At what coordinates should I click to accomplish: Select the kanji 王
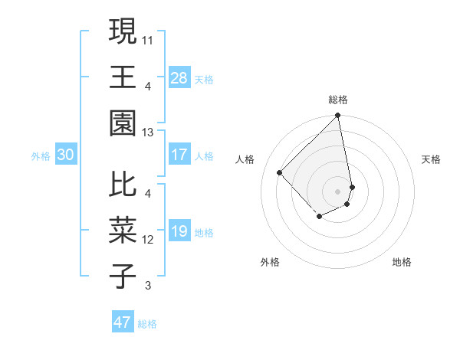[123, 77]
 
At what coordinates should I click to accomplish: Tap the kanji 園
[123, 123]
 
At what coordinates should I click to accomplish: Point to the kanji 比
[123, 184]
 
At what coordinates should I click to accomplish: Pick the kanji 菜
[123, 230]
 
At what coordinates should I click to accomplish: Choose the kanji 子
[123, 277]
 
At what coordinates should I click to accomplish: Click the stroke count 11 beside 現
[148, 39]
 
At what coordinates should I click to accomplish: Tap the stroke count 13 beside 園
[148, 133]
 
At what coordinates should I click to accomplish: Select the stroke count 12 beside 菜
[148, 240]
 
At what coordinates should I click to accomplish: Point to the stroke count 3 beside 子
[147, 286]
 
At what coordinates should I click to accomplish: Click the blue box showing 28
[179, 77]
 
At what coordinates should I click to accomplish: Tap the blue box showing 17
[179, 155]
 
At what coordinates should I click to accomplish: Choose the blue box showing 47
[123, 322]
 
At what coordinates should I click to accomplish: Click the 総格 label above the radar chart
[338, 100]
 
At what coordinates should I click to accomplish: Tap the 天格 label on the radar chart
[431, 159]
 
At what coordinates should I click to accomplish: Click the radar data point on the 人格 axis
[280, 172]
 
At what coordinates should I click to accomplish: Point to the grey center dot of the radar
[338, 191]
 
